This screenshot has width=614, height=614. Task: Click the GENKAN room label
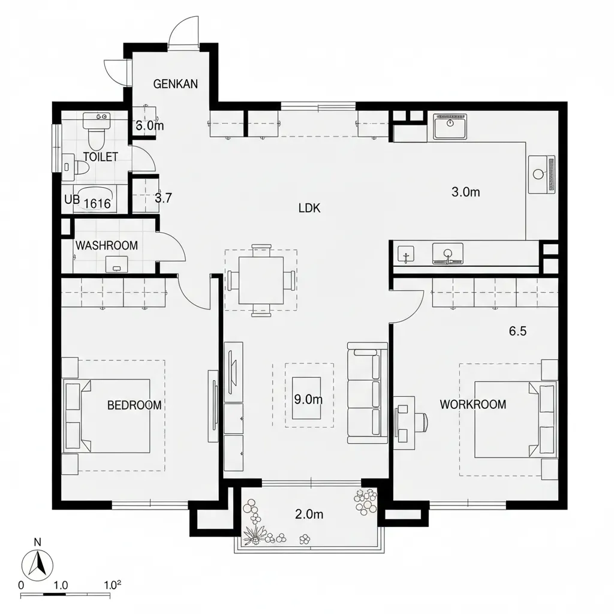[x=176, y=84]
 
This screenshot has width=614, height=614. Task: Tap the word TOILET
[x=101, y=157]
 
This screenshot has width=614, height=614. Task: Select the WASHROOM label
[x=107, y=245]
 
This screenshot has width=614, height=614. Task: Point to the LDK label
[x=309, y=208]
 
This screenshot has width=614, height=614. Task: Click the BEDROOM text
[x=134, y=405]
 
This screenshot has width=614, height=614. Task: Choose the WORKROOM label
[x=473, y=404]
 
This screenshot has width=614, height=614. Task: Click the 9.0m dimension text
[x=309, y=399]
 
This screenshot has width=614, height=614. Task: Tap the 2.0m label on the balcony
[x=309, y=514]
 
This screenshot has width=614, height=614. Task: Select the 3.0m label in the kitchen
[x=465, y=192]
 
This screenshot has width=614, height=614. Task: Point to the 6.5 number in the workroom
[x=517, y=331]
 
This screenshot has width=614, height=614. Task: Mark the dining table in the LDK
[x=261, y=281]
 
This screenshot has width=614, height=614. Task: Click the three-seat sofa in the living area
[x=368, y=393]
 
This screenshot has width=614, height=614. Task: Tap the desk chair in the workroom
[x=423, y=423]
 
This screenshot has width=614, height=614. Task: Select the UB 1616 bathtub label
[x=88, y=202]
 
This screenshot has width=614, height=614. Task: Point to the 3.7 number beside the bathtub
[x=163, y=198]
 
